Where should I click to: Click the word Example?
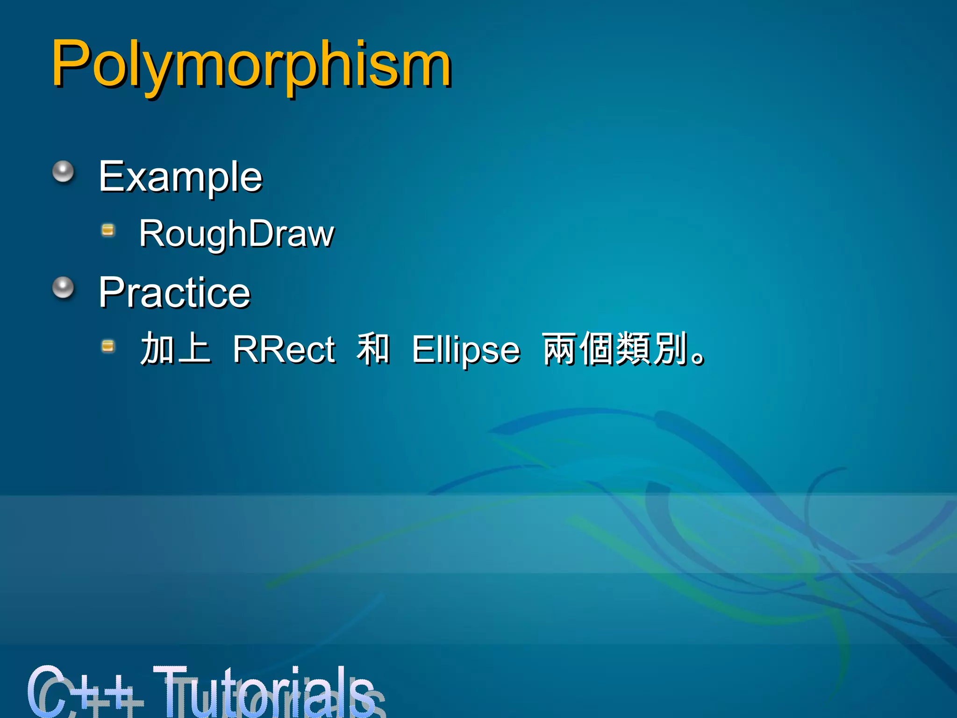point(180,176)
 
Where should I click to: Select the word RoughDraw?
point(236,233)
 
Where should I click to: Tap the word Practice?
point(174,293)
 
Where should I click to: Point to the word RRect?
point(284,349)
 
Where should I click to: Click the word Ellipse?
point(465,349)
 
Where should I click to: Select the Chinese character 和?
point(373,348)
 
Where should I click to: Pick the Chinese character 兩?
point(560,348)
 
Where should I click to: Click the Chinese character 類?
point(634,348)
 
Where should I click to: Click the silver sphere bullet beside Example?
point(63,172)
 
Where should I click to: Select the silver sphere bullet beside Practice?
point(63,287)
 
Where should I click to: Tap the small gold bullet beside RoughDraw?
point(108,230)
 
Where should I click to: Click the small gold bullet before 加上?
point(108,346)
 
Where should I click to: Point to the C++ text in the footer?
point(84,692)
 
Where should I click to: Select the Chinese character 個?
point(597,348)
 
